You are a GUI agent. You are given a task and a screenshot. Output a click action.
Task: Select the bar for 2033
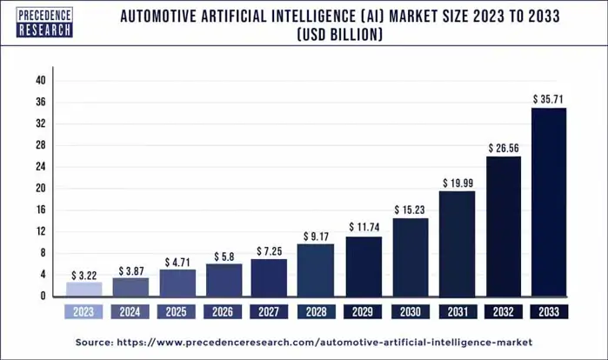point(549,202)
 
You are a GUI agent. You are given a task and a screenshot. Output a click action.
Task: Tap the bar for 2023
point(84,289)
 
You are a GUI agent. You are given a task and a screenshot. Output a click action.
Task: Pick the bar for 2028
point(315,270)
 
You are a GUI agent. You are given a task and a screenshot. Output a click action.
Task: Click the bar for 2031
point(457,243)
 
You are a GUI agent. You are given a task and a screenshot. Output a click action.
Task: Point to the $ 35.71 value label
point(550,100)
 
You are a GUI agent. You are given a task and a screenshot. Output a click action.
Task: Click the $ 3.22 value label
point(84,274)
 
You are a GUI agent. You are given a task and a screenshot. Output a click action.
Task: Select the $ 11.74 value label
point(363,228)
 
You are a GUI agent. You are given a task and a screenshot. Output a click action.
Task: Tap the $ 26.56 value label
point(503,149)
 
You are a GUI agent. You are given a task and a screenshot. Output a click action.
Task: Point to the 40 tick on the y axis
point(40,81)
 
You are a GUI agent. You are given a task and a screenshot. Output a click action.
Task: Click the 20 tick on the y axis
point(40,189)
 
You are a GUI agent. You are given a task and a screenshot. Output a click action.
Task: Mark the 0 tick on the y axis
point(42,297)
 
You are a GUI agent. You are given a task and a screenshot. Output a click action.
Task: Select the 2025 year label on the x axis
point(177,310)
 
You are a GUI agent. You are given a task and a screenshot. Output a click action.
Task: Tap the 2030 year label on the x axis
point(410,310)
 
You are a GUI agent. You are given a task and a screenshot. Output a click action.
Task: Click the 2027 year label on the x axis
point(270,310)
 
